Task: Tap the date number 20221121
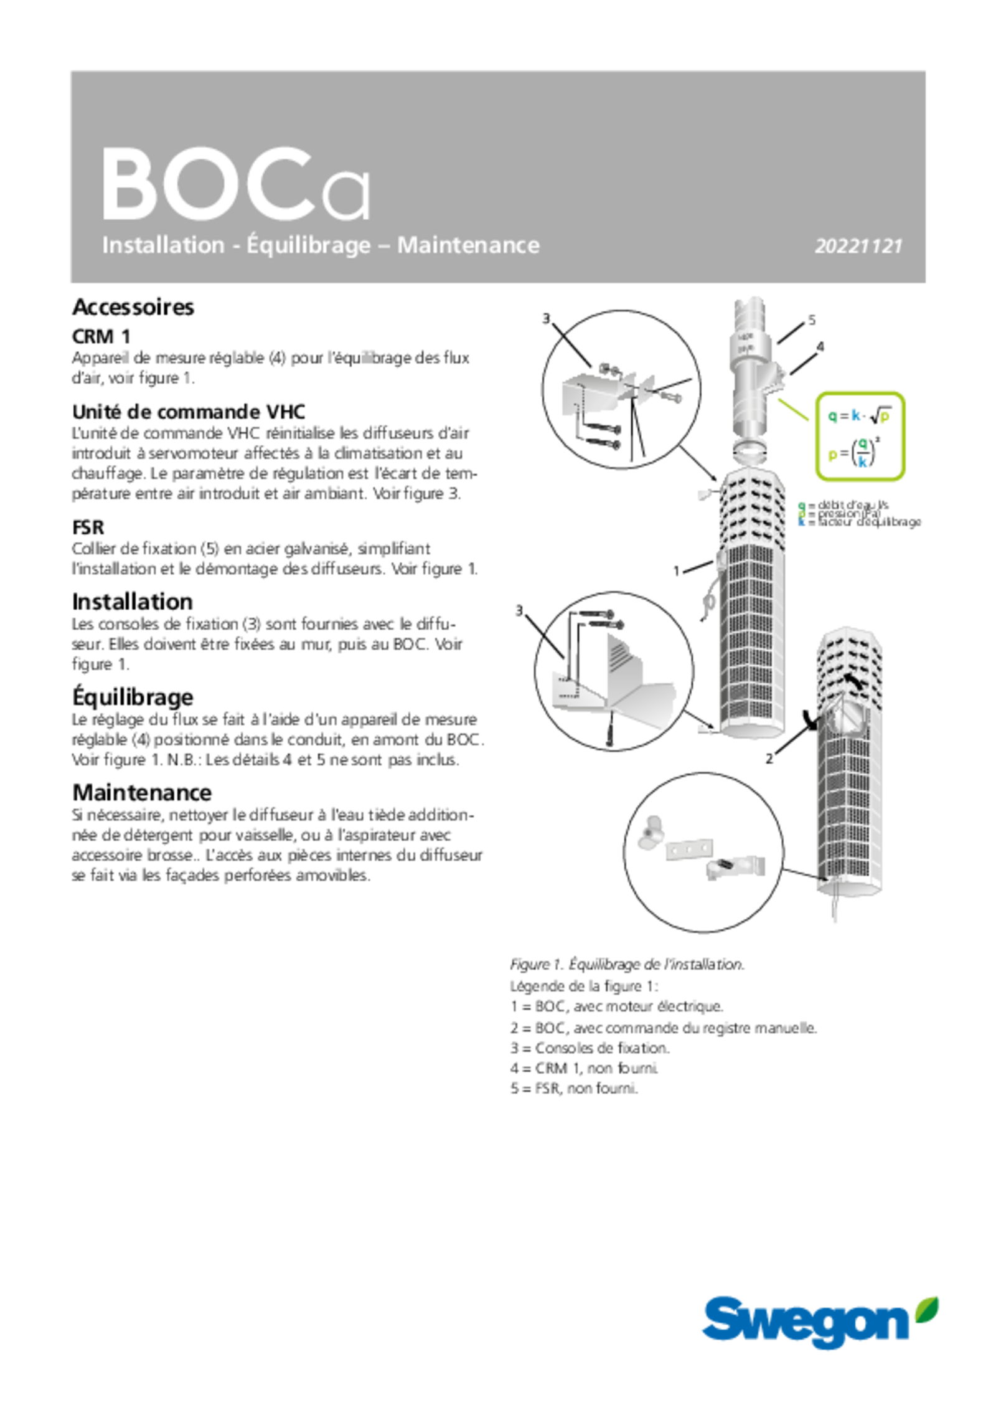pyautogui.click(x=858, y=246)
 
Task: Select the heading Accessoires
pyautogui.click(x=133, y=307)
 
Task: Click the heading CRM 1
pyautogui.click(x=101, y=336)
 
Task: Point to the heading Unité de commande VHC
pyautogui.click(x=189, y=412)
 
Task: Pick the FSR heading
pyautogui.click(x=88, y=528)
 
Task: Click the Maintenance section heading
pyautogui.click(x=142, y=793)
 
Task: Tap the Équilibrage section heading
pyautogui.click(x=133, y=697)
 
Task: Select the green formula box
pyautogui.click(x=860, y=436)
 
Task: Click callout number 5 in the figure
pyautogui.click(x=812, y=320)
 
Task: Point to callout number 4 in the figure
pyautogui.click(x=820, y=347)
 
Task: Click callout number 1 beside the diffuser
pyautogui.click(x=676, y=570)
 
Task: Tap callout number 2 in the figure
pyautogui.click(x=769, y=759)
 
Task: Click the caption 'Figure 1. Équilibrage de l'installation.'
pyautogui.click(x=627, y=965)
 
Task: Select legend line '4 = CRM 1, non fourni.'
pyautogui.click(x=585, y=1068)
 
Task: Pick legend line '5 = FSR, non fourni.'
pyautogui.click(x=574, y=1089)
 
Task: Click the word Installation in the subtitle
pyautogui.click(x=163, y=245)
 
